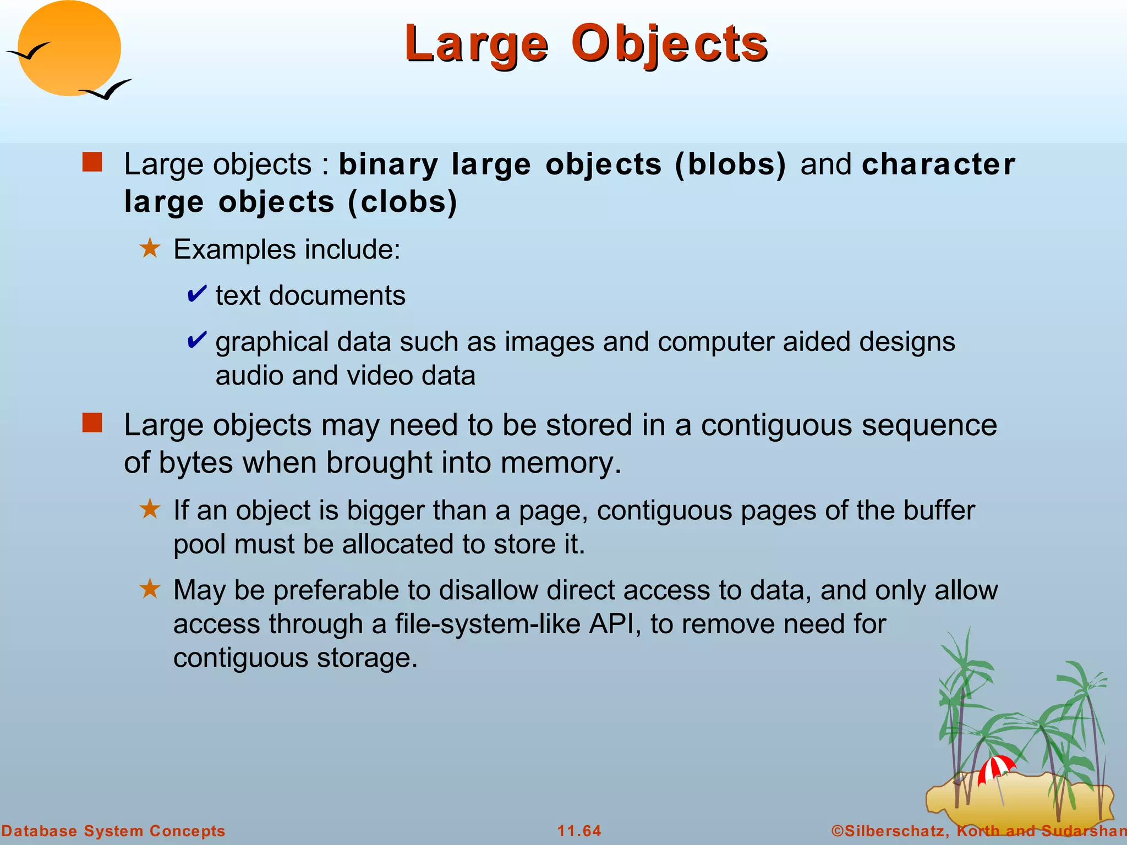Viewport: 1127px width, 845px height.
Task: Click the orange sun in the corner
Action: [x=69, y=48]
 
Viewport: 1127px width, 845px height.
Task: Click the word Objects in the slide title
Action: [x=669, y=44]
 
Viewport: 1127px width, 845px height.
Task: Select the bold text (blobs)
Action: [x=730, y=164]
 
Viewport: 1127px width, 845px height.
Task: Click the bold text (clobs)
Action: [x=402, y=202]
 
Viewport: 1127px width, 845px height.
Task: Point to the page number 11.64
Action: [x=579, y=831]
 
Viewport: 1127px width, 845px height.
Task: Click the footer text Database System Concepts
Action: [x=113, y=831]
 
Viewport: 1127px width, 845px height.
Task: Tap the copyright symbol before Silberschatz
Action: [x=837, y=831]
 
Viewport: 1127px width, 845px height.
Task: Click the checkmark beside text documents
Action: [x=196, y=294]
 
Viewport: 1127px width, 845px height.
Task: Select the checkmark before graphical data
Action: [x=196, y=341]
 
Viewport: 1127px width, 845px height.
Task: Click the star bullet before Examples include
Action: [x=150, y=248]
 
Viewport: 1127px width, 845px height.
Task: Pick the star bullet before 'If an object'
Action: [x=150, y=509]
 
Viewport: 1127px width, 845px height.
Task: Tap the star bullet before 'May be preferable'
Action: [x=150, y=589]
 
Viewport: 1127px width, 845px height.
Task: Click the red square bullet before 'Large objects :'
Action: [x=92, y=163]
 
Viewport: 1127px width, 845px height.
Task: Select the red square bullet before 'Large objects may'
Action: [x=92, y=424]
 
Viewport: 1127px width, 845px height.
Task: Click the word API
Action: [x=614, y=624]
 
